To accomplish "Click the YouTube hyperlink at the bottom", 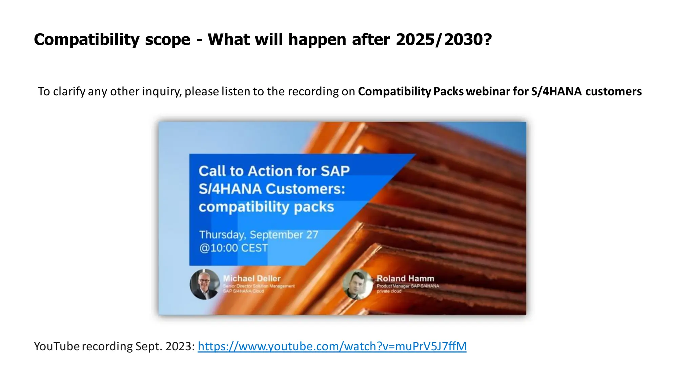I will (x=332, y=346).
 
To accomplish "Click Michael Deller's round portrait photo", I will (x=205, y=284).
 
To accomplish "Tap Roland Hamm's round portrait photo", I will (x=358, y=284).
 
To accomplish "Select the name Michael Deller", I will (x=252, y=278).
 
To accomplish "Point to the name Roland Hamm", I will (x=405, y=278).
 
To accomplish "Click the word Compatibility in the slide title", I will (x=86, y=39).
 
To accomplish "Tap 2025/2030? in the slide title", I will (x=444, y=39).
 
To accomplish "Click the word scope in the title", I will (x=168, y=39).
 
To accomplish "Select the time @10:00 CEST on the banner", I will (x=233, y=248).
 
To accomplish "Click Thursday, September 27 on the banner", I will (x=259, y=235).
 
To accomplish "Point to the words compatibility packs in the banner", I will (x=266, y=207).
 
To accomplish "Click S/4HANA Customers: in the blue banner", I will (x=272, y=189).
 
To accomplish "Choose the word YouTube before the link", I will (x=57, y=346).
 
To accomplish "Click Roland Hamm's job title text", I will (x=408, y=288).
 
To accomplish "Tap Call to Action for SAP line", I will (x=274, y=171).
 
